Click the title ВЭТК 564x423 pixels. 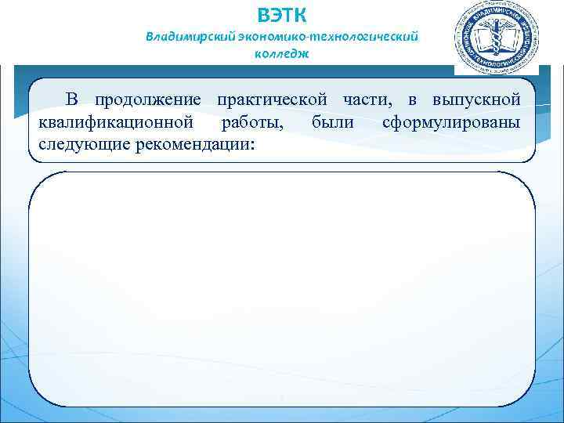[282, 14]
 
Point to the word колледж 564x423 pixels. [282, 54]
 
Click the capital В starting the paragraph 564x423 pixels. [71, 100]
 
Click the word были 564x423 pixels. [333, 123]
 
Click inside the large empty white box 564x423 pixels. [282, 290]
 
